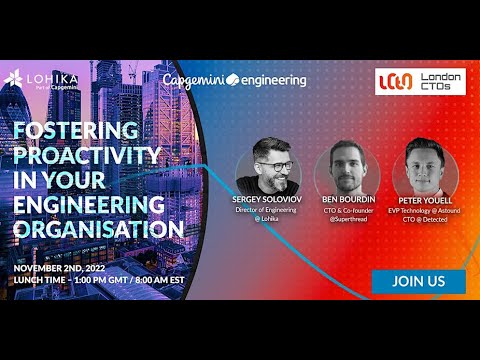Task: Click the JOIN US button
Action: pos(419,281)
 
